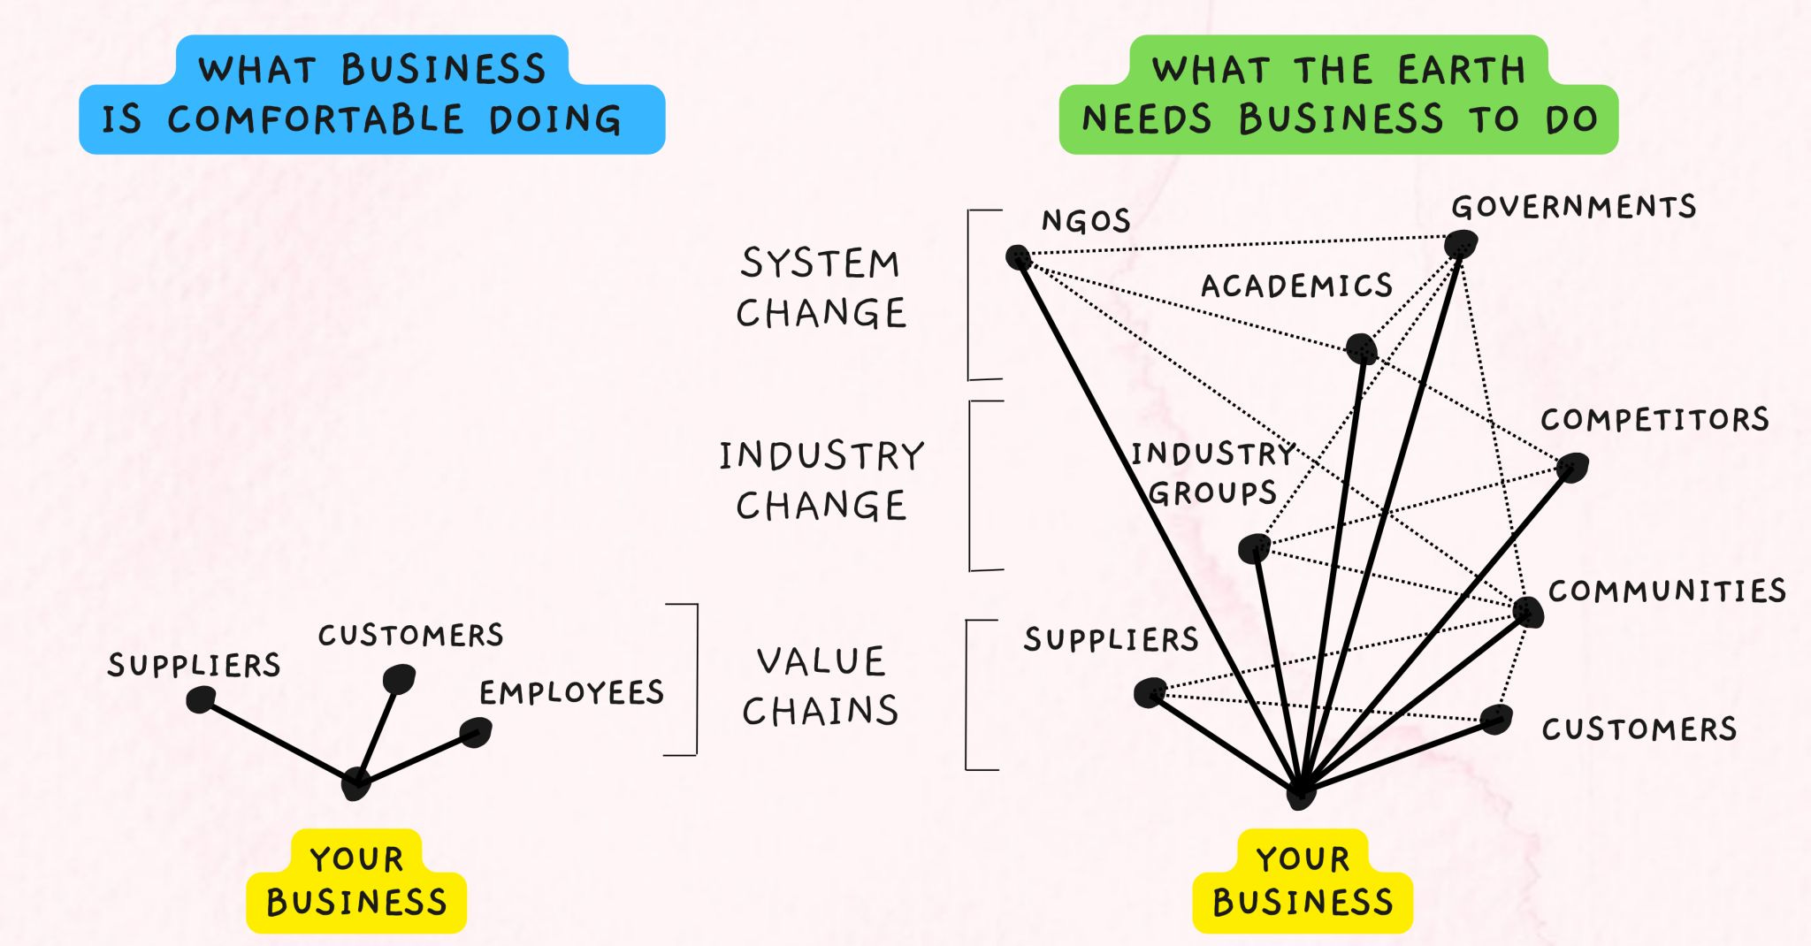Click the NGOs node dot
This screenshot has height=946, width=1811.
(x=1019, y=257)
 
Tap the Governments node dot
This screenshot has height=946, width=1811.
(x=1461, y=243)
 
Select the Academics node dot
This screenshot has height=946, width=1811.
(x=1362, y=348)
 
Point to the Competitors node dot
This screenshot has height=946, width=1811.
(x=1573, y=466)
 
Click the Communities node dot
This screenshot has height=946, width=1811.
(x=1528, y=611)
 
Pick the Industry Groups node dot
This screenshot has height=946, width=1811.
(x=1254, y=548)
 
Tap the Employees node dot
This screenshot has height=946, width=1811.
(x=476, y=732)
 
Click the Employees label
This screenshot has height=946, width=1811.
(x=571, y=692)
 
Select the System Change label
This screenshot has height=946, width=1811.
(x=821, y=288)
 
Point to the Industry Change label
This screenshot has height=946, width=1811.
(x=821, y=480)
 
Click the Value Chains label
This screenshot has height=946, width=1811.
(x=821, y=686)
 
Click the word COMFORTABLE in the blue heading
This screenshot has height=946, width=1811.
(x=316, y=119)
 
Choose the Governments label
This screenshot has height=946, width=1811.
(x=1573, y=207)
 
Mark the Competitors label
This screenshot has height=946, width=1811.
(x=1654, y=419)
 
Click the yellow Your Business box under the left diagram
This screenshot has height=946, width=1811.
(x=356, y=881)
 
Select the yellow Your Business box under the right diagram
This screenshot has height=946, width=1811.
(x=1303, y=881)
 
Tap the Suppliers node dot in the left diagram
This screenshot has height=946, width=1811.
(x=201, y=700)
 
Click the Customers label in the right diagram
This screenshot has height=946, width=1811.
(x=1639, y=729)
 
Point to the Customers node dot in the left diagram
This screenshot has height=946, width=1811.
(x=399, y=678)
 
